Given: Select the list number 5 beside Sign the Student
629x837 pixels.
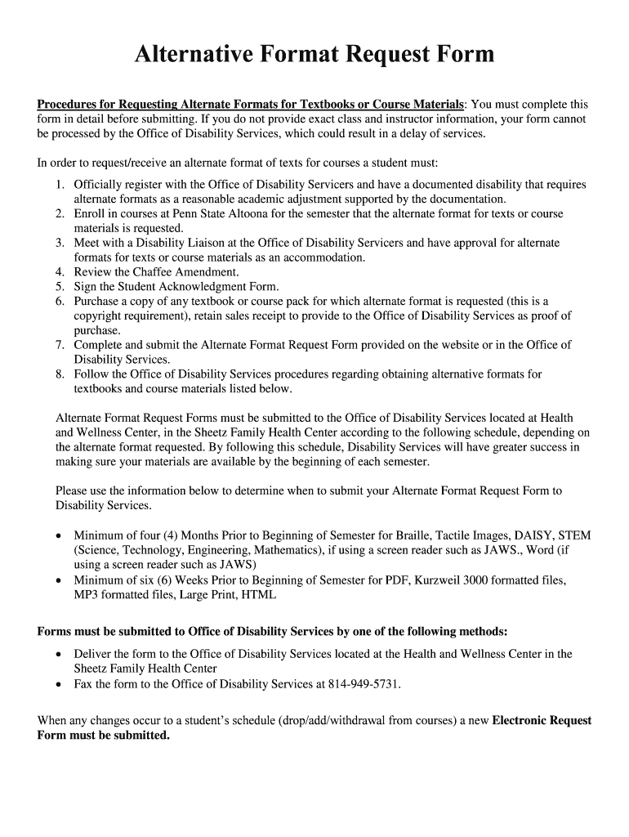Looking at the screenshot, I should click(60, 287).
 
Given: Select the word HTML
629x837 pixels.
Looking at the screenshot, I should click(259, 595).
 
